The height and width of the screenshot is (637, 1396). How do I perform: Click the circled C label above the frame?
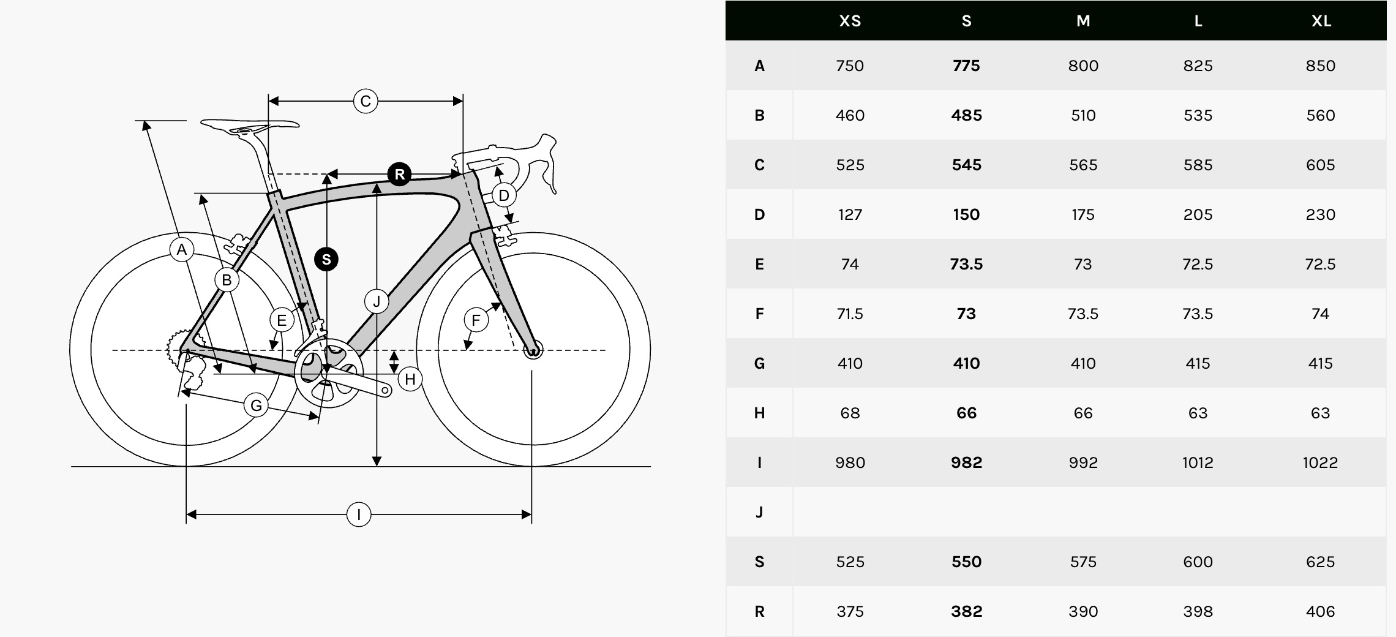[366, 101]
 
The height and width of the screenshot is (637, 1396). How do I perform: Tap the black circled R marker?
[399, 175]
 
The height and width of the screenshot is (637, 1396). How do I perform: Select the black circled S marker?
[326, 259]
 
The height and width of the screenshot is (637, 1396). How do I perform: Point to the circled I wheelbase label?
[359, 514]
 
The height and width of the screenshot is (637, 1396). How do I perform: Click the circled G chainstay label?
[256, 405]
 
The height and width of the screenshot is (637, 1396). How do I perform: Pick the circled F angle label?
[476, 320]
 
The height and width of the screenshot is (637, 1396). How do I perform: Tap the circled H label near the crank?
[410, 379]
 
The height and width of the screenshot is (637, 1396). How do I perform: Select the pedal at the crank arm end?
[386, 390]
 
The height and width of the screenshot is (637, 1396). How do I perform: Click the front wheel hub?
[533, 350]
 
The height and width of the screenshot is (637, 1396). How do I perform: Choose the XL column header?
[1321, 21]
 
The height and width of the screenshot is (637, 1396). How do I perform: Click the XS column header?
[850, 21]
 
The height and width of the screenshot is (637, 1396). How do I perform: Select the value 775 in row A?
[966, 66]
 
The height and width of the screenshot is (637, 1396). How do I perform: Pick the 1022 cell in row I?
[1320, 462]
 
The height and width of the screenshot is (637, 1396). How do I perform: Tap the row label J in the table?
[759, 512]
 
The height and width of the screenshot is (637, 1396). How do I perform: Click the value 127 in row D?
[850, 214]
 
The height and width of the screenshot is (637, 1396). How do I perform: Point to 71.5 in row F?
[850, 314]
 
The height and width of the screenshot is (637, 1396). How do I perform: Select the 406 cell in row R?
[1320, 611]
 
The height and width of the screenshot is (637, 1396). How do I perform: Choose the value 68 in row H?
[850, 413]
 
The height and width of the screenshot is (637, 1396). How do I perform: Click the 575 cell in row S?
[1083, 562]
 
